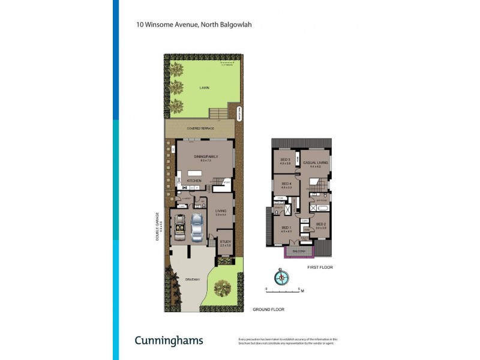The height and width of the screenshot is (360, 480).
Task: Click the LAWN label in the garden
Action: click(x=205, y=88)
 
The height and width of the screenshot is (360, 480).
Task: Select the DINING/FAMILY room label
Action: click(x=206, y=157)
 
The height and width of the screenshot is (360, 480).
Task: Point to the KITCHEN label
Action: click(x=194, y=180)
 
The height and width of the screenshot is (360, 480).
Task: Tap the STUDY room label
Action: click(x=224, y=242)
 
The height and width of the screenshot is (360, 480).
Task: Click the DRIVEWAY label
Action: click(x=192, y=279)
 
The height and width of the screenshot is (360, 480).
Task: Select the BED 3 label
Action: click(x=286, y=160)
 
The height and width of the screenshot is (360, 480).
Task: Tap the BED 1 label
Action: click(x=286, y=228)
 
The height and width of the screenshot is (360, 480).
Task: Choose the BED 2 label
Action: click(x=321, y=224)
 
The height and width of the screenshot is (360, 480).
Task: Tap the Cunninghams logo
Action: click(x=169, y=340)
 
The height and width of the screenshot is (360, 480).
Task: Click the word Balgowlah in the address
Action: click(x=218, y=25)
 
